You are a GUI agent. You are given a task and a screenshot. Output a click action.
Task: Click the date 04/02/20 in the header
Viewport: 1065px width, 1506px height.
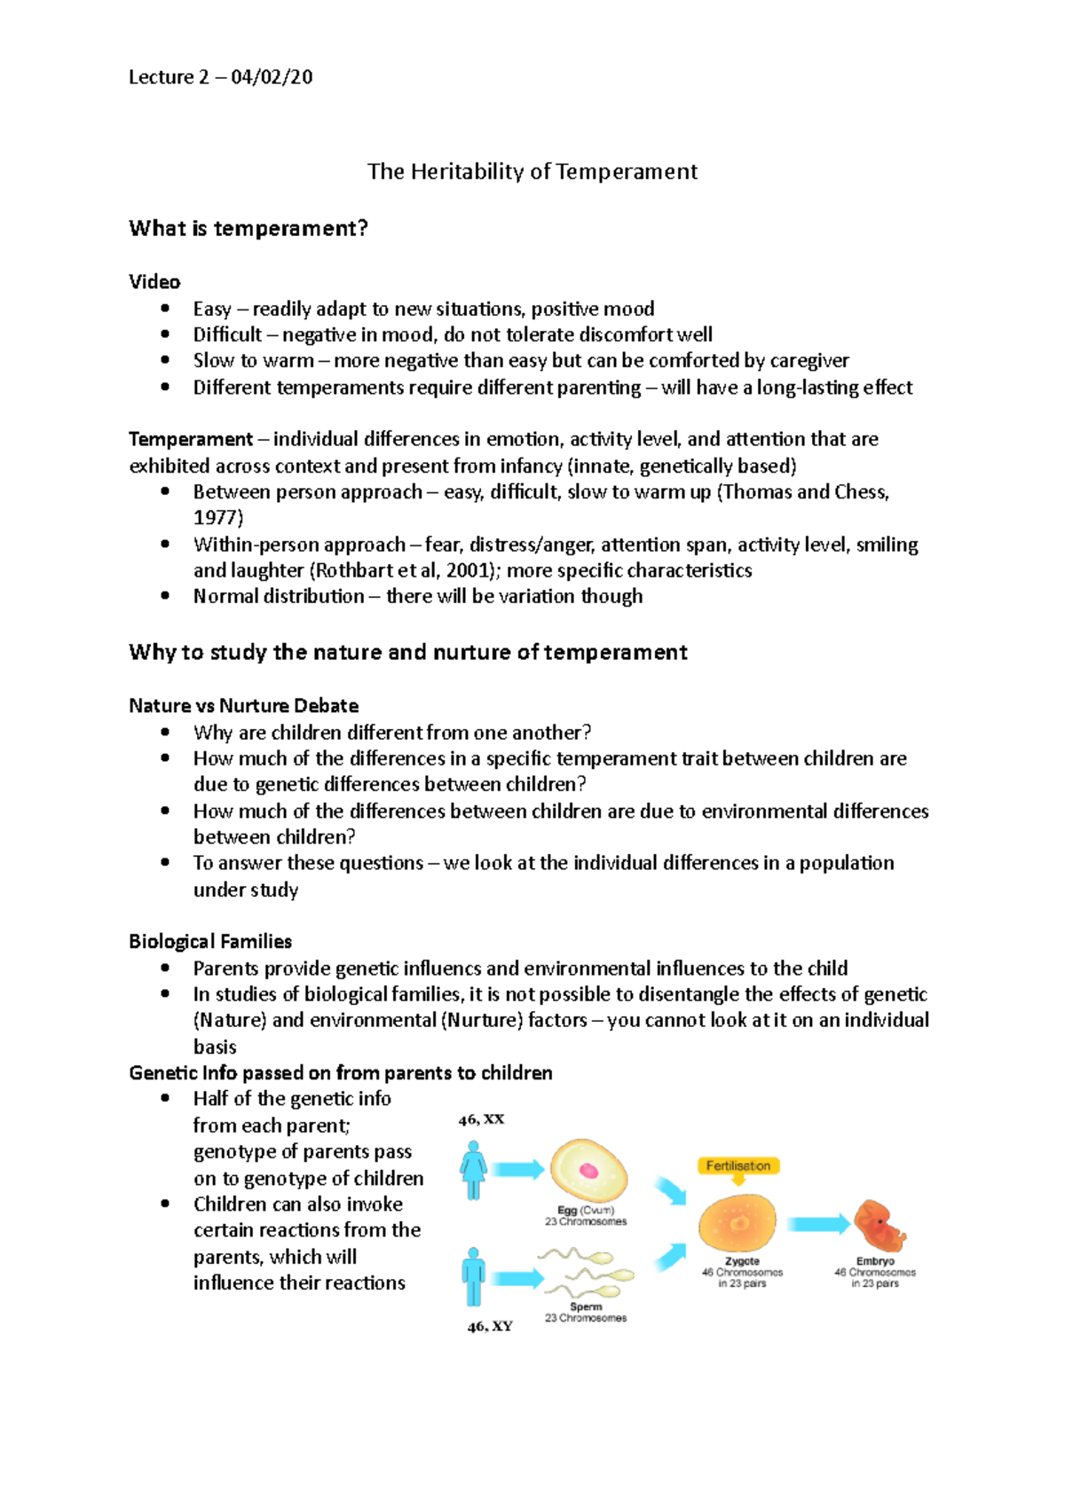(x=272, y=77)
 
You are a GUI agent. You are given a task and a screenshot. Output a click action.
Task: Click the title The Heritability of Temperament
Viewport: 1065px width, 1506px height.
(x=532, y=171)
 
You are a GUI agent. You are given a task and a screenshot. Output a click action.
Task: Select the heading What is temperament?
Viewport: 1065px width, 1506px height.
(x=248, y=229)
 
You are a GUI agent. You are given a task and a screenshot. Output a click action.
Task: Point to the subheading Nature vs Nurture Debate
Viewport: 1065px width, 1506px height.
(x=244, y=706)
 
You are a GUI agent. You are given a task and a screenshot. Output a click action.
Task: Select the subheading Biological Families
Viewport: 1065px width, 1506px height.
(x=210, y=942)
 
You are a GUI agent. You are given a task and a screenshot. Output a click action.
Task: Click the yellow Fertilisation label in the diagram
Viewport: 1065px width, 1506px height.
(x=738, y=1166)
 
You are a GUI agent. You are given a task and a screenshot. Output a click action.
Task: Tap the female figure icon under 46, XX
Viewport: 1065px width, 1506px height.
(x=473, y=1170)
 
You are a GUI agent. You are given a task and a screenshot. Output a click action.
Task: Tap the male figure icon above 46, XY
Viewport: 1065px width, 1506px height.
(x=473, y=1276)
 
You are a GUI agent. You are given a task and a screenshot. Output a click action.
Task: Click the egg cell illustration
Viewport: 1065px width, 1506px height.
(x=588, y=1170)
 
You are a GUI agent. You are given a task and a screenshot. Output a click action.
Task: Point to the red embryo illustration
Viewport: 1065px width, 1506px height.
(x=879, y=1226)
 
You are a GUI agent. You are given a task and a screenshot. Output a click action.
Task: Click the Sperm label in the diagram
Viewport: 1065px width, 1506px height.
(x=586, y=1306)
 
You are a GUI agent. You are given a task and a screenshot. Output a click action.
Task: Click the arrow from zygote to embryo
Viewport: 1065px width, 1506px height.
(x=817, y=1225)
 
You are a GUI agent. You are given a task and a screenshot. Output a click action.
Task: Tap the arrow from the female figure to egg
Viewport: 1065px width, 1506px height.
(x=517, y=1170)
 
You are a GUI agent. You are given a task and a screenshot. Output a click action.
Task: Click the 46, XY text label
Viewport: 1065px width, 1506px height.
(x=490, y=1327)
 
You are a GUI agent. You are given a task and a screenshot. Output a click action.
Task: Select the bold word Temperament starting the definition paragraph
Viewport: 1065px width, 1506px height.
(x=191, y=440)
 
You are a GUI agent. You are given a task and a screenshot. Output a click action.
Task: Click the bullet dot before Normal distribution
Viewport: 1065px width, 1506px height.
(x=165, y=596)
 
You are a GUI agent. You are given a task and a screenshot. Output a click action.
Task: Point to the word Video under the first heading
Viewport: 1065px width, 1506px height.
(x=154, y=282)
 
